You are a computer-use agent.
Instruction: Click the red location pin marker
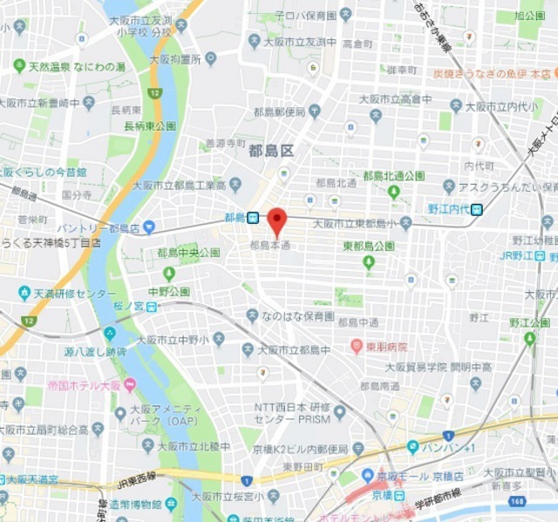click(x=276, y=222)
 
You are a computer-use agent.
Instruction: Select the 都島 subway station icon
click(x=252, y=218)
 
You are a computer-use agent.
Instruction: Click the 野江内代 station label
click(x=449, y=208)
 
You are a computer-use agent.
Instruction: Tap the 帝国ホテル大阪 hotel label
click(x=60, y=384)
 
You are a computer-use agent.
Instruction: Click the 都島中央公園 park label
click(x=188, y=253)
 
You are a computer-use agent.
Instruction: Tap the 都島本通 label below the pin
click(x=269, y=246)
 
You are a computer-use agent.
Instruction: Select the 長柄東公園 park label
click(x=149, y=126)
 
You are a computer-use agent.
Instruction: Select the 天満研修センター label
click(x=74, y=294)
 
